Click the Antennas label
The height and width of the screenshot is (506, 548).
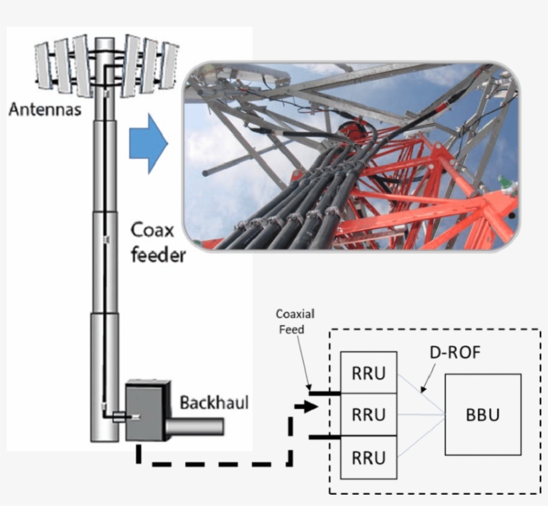point(45,108)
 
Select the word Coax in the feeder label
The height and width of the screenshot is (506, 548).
point(152,231)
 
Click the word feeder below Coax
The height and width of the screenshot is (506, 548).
point(158,255)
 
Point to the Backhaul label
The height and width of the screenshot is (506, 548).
point(214,402)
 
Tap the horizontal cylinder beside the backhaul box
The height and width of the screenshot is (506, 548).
point(194,426)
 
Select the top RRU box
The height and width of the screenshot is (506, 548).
point(368,373)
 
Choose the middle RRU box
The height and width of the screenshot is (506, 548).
point(368,414)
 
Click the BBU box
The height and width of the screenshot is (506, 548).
point(482,414)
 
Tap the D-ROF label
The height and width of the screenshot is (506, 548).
point(454,352)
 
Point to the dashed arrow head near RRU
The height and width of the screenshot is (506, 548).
point(309,406)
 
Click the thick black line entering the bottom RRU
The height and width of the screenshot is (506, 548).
point(324,438)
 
